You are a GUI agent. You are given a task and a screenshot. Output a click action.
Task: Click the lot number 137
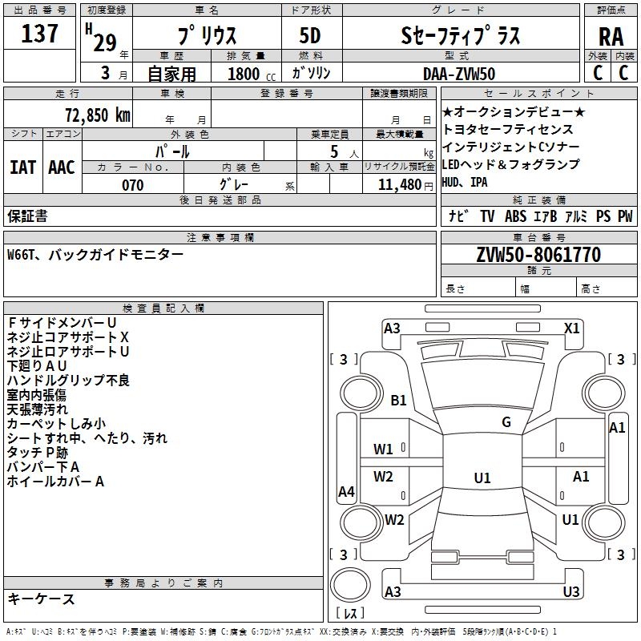(x=40, y=34)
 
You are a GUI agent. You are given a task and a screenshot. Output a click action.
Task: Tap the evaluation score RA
(x=611, y=36)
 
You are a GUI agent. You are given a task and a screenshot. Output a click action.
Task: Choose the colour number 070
(x=133, y=185)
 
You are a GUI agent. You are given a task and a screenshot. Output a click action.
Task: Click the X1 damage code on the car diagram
(x=572, y=328)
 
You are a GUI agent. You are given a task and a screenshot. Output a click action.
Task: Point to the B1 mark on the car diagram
(x=399, y=401)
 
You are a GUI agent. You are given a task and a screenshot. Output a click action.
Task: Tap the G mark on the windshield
(x=506, y=422)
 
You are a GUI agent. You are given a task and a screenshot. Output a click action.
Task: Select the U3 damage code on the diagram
(x=571, y=591)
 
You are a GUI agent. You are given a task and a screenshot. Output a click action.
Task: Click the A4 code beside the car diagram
(x=346, y=492)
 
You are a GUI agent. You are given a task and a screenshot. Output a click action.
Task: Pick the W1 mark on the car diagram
(x=384, y=450)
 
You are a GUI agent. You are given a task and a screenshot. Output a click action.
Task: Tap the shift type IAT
(x=22, y=167)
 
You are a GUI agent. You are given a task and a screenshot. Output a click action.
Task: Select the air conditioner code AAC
(x=62, y=167)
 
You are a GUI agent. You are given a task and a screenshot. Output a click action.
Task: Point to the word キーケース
(x=41, y=599)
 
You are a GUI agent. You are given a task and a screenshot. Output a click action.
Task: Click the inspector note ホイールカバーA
(x=56, y=482)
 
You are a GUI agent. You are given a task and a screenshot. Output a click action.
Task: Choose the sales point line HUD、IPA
(x=465, y=182)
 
